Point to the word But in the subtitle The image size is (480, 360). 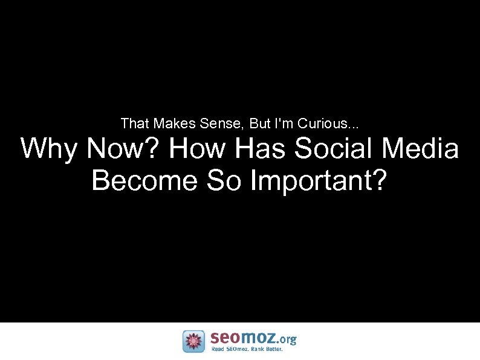pos(260,124)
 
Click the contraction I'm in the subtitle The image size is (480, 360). pos(284,124)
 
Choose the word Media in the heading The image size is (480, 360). pos(424,149)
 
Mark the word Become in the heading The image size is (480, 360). pos(144,180)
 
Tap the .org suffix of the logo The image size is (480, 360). pos(286,339)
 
